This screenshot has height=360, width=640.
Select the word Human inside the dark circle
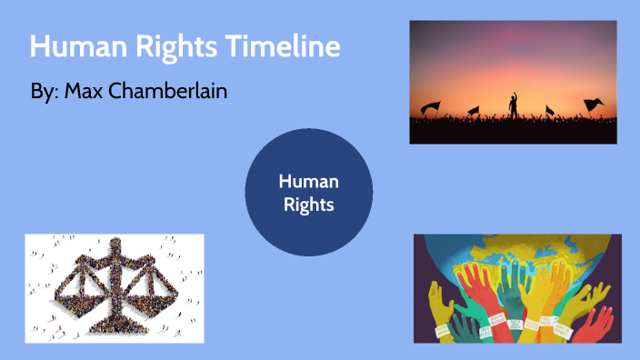(308, 182)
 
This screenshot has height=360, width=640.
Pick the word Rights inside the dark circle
(308, 205)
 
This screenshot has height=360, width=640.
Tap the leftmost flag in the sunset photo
(431, 107)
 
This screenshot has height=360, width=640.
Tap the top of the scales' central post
(115, 245)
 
